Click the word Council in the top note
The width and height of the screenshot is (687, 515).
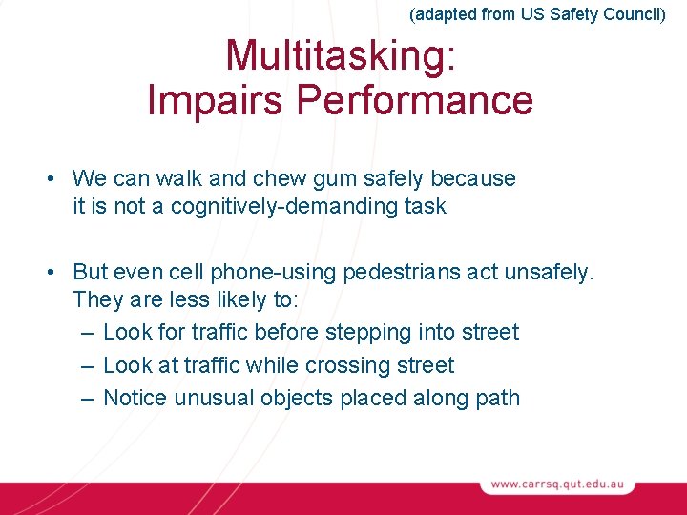point(631,14)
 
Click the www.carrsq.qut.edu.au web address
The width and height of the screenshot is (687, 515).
point(557,484)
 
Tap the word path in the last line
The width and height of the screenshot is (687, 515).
point(498,398)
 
